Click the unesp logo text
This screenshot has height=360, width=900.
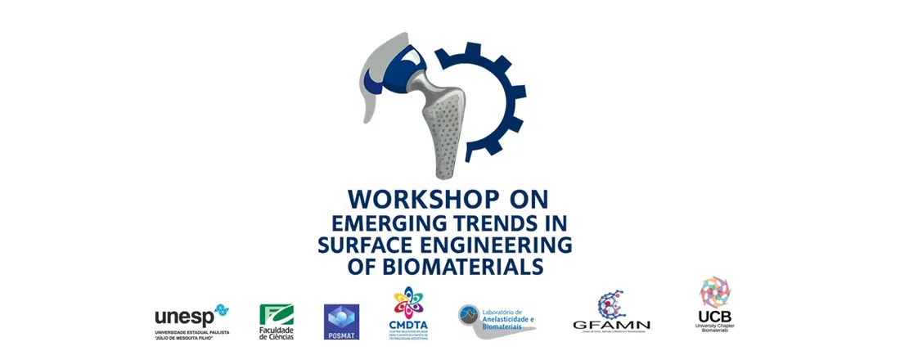(x=183, y=317)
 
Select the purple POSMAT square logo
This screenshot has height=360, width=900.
(x=342, y=319)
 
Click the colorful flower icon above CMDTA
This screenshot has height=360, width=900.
(x=409, y=301)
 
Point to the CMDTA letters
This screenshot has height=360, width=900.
(x=408, y=325)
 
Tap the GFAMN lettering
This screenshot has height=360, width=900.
(x=611, y=325)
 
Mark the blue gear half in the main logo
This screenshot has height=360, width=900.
(x=491, y=106)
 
